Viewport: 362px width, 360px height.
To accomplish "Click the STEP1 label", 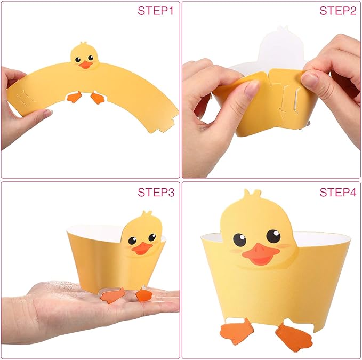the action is click(155, 11).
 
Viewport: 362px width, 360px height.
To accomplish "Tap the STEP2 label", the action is click(338, 11).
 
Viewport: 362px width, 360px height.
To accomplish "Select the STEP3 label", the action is click(156, 193).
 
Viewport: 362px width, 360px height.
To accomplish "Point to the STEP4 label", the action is click(338, 193).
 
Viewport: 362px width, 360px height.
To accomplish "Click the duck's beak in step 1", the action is click(86, 65).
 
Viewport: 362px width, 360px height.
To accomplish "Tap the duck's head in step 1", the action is click(84, 56).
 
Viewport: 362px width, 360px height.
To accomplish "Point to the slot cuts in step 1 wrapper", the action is click(24, 99).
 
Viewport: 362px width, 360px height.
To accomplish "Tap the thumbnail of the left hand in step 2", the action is click(252, 89).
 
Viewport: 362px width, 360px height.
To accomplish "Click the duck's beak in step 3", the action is click(142, 249).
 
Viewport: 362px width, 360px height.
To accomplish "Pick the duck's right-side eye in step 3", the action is click(152, 237).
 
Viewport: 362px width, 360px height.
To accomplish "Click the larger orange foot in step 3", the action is click(112, 295).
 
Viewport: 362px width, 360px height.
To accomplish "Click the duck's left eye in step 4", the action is click(239, 239).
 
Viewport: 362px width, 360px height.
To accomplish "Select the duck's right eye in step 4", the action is click(273, 236).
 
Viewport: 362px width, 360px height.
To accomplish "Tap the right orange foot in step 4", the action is click(294, 337).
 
